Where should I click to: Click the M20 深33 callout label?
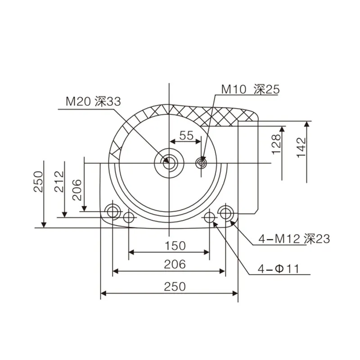[x=93, y=101]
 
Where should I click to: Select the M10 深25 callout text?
[x=250, y=89]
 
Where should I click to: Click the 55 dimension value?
[x=186, y=135]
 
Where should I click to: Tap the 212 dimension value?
[x=59, y=181]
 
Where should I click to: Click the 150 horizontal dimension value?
[x=174, y=245]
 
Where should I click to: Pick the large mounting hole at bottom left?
[x=112, y=211]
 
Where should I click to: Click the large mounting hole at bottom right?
[x=225, y=211]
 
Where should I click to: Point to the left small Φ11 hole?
[x=129, y=217]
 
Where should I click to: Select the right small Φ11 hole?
[x=209, y=217]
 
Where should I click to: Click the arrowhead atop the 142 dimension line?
[x=307, y=124]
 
